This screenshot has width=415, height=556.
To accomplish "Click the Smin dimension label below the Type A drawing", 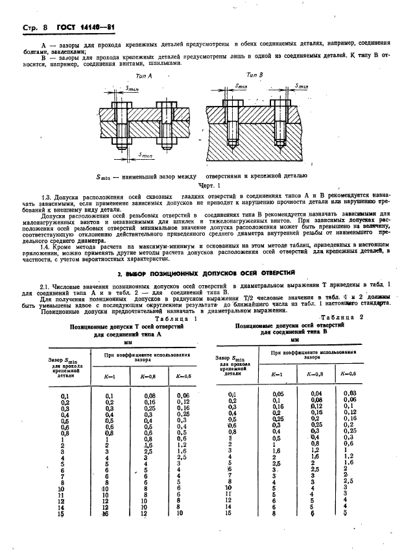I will point(145,157).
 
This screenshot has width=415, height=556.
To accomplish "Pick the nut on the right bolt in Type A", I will point(166,138).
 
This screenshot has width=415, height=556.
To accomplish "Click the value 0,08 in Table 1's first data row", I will point(150,396).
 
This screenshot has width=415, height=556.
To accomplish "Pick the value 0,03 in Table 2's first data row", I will point(350,393).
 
